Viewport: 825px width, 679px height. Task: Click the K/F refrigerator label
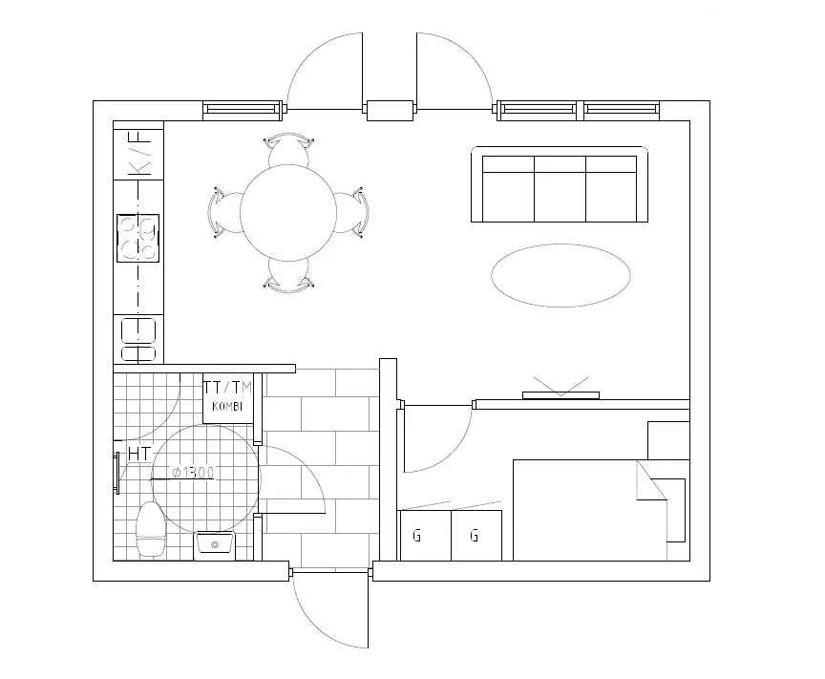coord(140,153)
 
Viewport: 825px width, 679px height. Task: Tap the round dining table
coord(288,213)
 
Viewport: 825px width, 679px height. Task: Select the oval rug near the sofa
coord(561,275)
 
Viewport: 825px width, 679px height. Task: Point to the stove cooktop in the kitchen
coord(137,238)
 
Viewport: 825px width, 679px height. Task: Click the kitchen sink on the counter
coord(138,340)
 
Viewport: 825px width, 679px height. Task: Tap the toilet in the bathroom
coord(151,529)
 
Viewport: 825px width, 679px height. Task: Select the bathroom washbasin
coord(215,546)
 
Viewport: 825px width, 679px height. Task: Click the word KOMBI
coord(227,407)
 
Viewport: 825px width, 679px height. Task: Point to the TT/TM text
coord(228,388)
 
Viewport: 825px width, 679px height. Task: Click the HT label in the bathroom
coord(139,454)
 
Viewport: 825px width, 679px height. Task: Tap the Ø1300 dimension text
coord(194,473)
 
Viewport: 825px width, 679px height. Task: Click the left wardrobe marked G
coord(426,536)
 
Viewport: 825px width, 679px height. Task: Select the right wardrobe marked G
coord(476,536)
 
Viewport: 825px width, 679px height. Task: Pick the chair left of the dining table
coord(224,212)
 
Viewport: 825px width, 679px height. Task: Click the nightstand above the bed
coord(668,440)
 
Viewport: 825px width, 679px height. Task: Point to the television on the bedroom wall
coord(561,395)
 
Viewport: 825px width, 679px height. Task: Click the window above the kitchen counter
coord(243,110)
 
